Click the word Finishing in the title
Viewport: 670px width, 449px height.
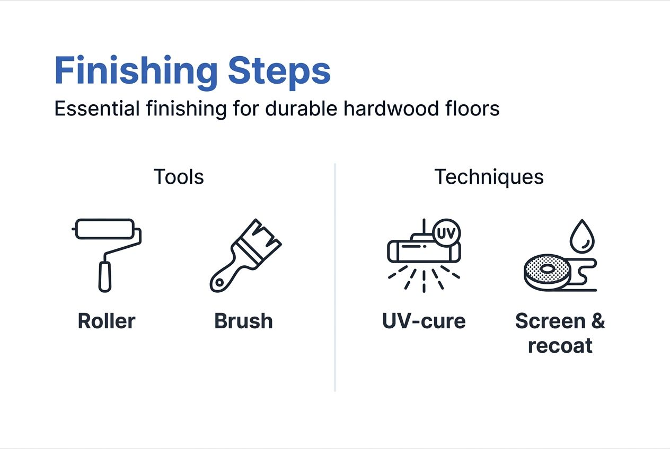[136, 71]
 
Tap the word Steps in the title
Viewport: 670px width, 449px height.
[279, 71]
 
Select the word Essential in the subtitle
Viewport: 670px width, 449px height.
[96, 109]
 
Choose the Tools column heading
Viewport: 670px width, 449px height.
[179, 177]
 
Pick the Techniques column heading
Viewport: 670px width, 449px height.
[489, 177]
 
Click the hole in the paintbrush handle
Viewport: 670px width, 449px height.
[218, 283]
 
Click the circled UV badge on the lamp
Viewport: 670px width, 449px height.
[447, 232]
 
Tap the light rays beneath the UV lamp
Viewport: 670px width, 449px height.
[424, 278]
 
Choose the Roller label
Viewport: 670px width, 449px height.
[107, 321]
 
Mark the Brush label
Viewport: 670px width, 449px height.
[243, 321]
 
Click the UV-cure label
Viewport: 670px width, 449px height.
[424, 321]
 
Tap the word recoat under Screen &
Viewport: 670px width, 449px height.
[560, 346]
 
